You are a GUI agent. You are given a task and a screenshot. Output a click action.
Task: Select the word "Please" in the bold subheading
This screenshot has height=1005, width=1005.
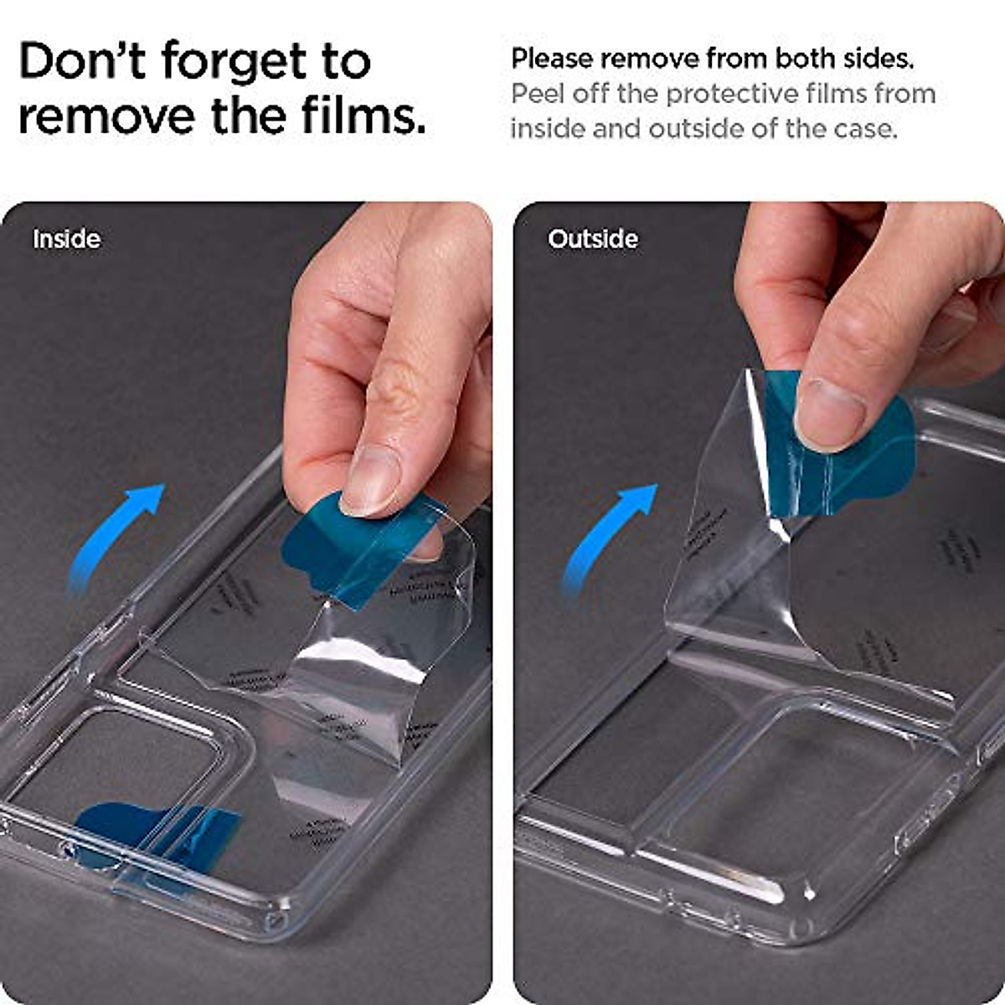[553, 59]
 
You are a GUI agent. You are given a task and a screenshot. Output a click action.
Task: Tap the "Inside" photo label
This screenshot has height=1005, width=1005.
[66, 240]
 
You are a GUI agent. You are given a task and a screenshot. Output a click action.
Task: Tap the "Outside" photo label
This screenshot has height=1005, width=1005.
[593, 240]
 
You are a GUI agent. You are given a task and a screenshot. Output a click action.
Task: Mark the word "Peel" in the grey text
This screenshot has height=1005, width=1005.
[539, 94]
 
